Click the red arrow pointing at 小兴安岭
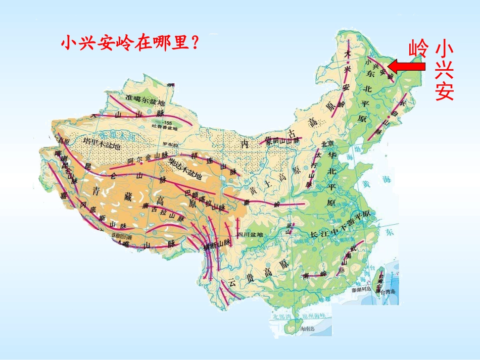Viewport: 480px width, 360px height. [x=407, y=66]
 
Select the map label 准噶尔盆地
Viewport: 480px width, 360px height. [x=142, y=99]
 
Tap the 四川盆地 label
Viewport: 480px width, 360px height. [x=250, y=234]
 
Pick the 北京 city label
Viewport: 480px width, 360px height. [x=328, y=143]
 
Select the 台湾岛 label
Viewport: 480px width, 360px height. [x=390, y=292]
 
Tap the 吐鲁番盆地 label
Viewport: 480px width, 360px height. [x=167, y=129]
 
